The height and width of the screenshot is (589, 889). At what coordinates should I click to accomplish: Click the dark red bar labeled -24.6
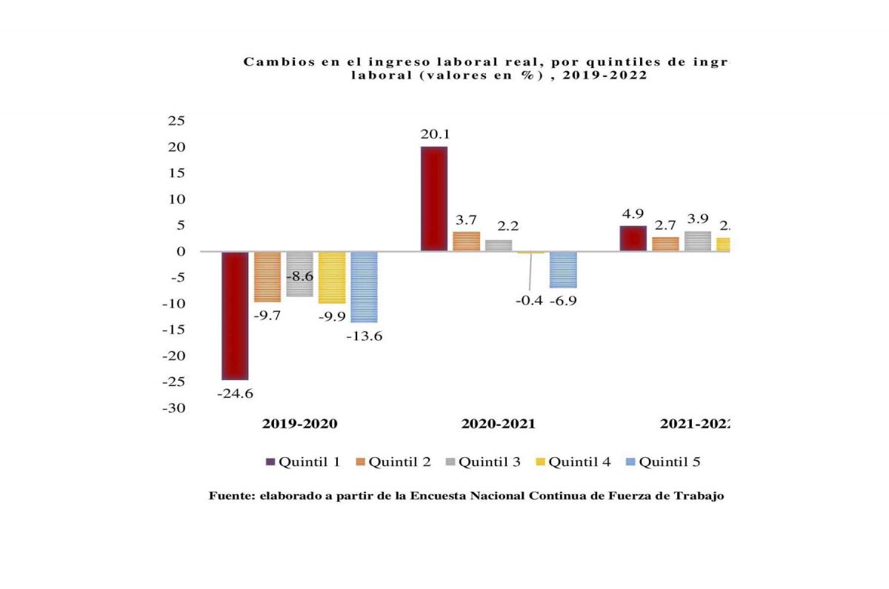click(235, 316)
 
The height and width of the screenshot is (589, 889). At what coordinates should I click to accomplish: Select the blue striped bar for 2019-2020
click(364, 287)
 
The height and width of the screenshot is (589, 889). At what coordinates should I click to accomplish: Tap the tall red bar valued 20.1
click(433, 199)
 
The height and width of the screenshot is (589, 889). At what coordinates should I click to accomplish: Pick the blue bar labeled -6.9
click(563, 270)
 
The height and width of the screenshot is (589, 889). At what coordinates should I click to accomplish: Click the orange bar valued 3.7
click(466, 242)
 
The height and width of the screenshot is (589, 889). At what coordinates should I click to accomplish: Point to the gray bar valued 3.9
click(697, 242)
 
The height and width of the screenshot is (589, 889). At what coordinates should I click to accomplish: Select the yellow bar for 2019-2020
click(332, 277)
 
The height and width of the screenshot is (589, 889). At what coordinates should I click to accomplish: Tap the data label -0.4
click(530, 301)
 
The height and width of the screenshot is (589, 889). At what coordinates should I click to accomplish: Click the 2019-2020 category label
click(299, 425)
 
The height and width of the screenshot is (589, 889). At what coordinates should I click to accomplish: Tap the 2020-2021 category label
click(498, 425)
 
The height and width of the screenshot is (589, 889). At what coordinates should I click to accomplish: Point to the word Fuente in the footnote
click(230, 496)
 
